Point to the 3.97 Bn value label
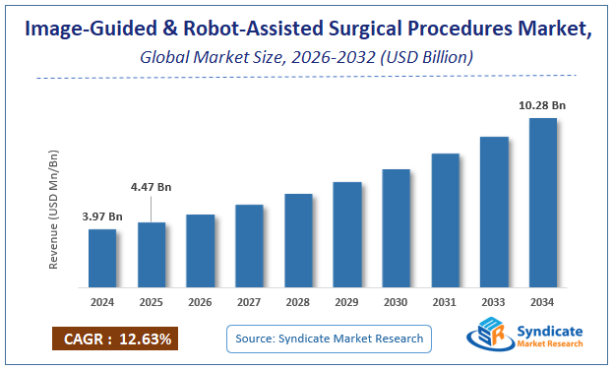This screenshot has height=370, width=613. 102,216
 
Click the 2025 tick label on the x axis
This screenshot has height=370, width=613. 152,303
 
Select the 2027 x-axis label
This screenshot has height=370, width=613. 249,303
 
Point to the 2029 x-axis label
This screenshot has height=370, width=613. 346,303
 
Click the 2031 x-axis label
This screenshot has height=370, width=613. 445,303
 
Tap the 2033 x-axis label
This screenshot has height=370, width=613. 494,303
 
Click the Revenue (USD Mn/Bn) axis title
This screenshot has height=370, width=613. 56,211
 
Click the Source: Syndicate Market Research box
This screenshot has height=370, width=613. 330,339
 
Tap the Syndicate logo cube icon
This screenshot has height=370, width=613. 488,337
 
